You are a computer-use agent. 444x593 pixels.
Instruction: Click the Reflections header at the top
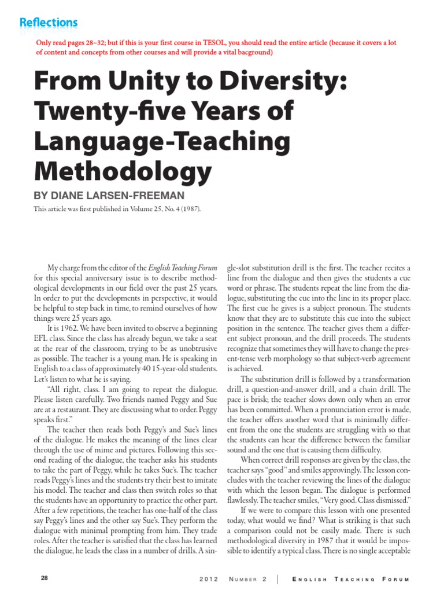(x=49, y=23)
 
